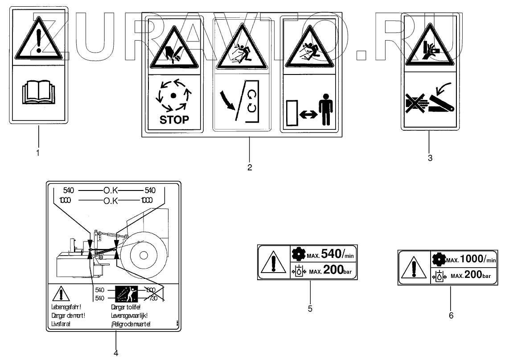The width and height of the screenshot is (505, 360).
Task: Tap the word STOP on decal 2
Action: tap(174, 120)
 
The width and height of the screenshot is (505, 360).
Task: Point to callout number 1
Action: tap(38, 153)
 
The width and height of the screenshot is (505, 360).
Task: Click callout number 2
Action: tap(250, 167)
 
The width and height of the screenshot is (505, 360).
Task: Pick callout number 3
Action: tap(430, 157)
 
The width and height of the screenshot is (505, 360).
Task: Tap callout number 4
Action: tap(115, 353)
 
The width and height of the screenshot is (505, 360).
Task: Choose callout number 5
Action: tap(310, 308)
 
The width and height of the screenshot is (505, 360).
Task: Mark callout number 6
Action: tap(451, 315)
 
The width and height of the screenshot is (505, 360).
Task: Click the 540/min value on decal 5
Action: tap(333, 254)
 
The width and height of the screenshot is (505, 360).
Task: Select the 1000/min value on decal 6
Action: tap(477, 259)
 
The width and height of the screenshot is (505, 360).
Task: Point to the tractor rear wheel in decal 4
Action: tap(143, 256)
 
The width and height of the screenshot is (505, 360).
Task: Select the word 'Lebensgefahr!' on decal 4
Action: tap(67, 306)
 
